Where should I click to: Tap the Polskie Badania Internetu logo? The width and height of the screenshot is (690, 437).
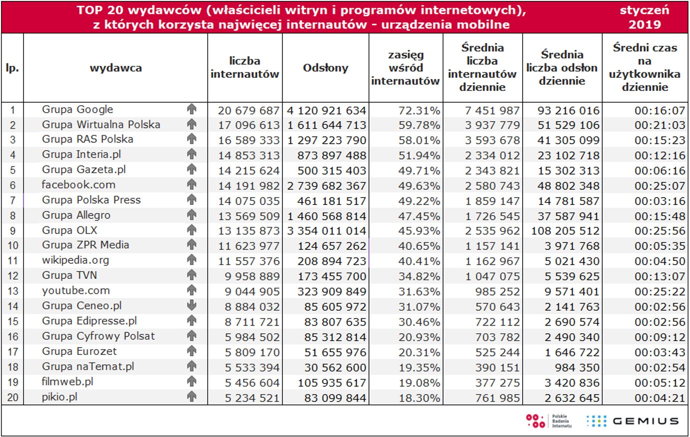click(x=549, y=421)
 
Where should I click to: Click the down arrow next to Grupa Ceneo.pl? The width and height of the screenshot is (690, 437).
click(x=192, y=306)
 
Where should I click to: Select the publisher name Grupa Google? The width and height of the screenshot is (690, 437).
click(x=77, y=110)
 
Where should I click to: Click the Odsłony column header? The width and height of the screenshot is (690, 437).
click(x=325, y=68)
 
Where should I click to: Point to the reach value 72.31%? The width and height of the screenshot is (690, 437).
click(x=419, y=111)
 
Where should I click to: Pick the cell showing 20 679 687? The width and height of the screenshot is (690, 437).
click(x=248, y=111)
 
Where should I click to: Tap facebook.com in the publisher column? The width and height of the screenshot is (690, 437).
click(x=78, y=185)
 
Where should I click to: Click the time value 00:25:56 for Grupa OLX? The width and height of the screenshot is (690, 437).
click(x=660, y=231)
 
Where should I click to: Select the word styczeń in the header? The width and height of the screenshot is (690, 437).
click(x=645, y=10)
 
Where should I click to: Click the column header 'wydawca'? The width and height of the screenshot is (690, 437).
click(x=115, y=68)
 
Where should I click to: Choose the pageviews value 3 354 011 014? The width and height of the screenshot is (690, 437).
click(x=327, y=231)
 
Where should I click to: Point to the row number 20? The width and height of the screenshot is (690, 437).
click(x=12, y=398)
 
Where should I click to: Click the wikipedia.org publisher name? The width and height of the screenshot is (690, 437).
click(x=75, y=260)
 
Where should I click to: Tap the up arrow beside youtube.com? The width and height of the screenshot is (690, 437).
click(x=192, y=290)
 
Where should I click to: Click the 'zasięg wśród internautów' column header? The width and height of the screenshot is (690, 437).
click(x=405, y=68)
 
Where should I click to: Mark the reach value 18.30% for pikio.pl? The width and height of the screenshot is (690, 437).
click(x=419, y=398)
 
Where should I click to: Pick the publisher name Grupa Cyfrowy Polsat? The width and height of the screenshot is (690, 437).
click(x=98, y=336)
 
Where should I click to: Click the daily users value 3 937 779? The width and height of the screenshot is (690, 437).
click(x=492, y=125)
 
